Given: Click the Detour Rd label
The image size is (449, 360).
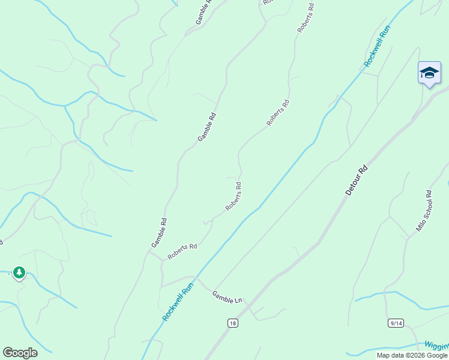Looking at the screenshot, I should [x=356, y=179].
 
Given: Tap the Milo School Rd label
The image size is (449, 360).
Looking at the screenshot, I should [x=424, y=211].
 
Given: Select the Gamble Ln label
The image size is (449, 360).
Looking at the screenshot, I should [x=227, y=296].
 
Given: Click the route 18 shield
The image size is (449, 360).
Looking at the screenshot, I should [x=232, y=323].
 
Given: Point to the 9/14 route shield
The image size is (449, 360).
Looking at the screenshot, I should [x=396, y=323].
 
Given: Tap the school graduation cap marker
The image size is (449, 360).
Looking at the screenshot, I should [x=429, y=73].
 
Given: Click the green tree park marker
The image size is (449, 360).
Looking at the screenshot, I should [x=19, y=273].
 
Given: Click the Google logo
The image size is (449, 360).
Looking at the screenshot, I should [x=20, y=353].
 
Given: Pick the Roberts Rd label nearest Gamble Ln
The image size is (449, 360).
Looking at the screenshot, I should [x=182, y=251].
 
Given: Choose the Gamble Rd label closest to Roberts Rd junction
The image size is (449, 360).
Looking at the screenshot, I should [x=158, y=233].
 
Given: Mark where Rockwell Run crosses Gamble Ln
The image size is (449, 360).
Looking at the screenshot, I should [x=196, y=278].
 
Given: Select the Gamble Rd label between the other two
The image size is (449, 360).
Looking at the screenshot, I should [x=206, y=127].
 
